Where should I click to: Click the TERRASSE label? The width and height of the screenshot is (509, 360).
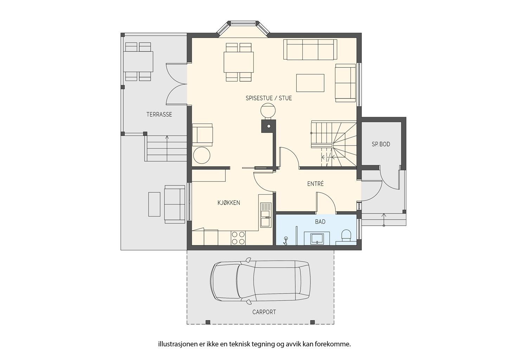click(x=159, y=114)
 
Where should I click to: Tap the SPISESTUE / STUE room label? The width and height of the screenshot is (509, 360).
click(x=269, y=98)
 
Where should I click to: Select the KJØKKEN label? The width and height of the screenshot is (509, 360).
click(x=229, y=203)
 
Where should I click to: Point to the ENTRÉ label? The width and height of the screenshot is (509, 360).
click(x=315, y=184)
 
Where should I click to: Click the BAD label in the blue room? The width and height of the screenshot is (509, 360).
click(x=320, y=221)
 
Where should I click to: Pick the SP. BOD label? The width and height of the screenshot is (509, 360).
click(x=381, y=144)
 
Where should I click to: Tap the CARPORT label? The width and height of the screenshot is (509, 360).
click(x=264, y=312)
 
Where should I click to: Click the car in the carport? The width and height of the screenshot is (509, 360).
click(x=260, y=281)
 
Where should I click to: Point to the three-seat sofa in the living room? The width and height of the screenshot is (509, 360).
click(x=310, y=50)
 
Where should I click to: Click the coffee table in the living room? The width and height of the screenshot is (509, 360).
click(x=310, y=83)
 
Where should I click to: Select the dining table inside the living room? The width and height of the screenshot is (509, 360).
click(x=239, y=62)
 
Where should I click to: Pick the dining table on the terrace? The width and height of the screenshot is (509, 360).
click(x=138, y=62)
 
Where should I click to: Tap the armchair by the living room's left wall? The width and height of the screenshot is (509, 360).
click(x=202, y=135)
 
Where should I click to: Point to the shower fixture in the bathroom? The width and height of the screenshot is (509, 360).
click(x=285, y=241)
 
